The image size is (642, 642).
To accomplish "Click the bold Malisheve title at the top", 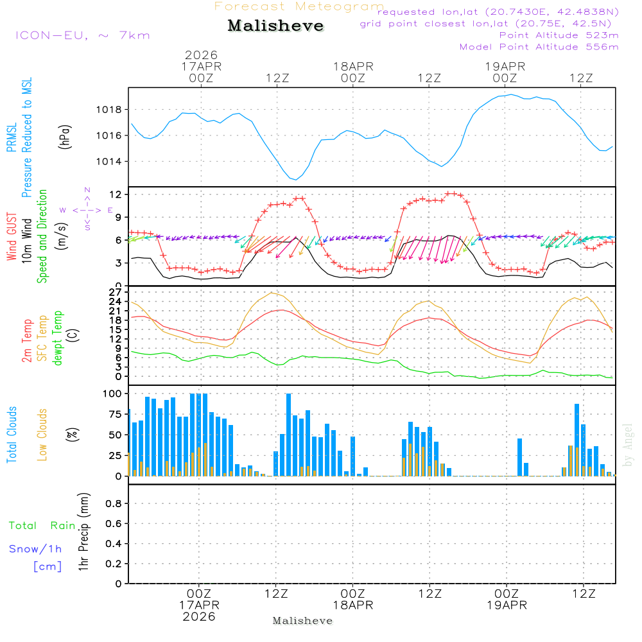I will tap(276, 26).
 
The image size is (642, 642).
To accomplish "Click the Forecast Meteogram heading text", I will tap(299, 7).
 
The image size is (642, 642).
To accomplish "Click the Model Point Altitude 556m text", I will tap(539, 47).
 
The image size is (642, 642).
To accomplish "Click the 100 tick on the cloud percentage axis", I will tap(113, 393).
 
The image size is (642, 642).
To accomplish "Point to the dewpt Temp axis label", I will tap(58, 338).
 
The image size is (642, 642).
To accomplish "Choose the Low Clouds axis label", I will tap(42, 434).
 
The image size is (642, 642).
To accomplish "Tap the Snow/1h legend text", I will tap(35, 549).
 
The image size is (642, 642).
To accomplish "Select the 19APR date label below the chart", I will tap(507, 605).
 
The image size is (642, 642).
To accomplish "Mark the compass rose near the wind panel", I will tap(87, 210).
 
